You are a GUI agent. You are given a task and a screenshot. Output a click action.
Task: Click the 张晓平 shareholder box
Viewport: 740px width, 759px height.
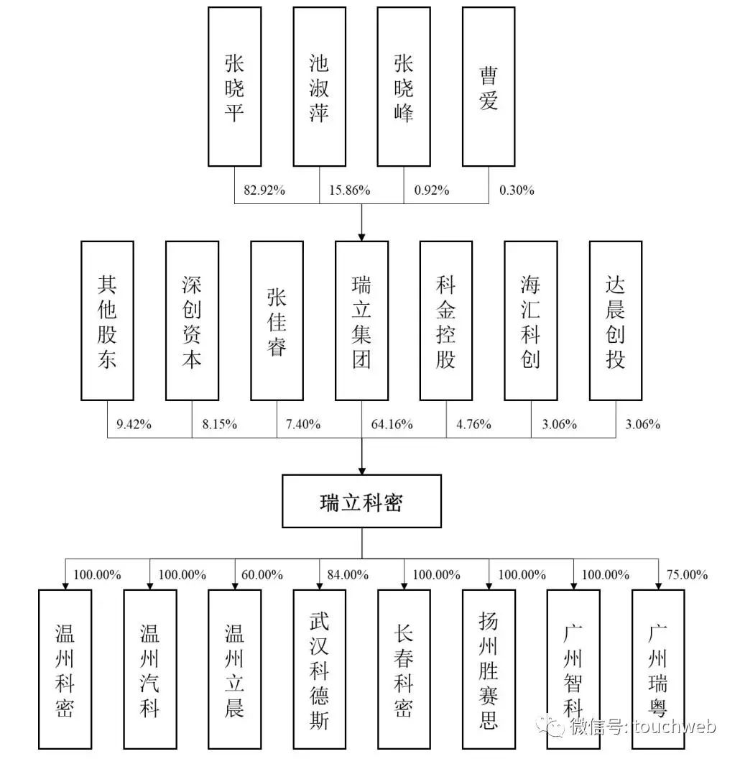point(234,86)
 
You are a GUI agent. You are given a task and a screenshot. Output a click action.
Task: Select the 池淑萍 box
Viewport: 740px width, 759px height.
point(319,86)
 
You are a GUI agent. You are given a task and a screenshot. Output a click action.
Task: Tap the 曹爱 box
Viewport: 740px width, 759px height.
point(489,86)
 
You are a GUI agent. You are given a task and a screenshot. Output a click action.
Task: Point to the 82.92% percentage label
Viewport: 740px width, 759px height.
point(264,190)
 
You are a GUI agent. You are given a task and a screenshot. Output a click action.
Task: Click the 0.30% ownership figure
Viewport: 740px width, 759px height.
point(517,190)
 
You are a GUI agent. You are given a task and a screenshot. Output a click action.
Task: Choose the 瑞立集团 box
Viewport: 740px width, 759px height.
point(361,320)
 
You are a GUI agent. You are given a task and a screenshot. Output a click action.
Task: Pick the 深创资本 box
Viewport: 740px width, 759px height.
point(192,320)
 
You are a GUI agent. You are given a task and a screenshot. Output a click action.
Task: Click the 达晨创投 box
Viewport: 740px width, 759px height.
point(616,320)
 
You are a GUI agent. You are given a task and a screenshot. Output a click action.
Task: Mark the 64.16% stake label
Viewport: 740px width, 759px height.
point(392,424)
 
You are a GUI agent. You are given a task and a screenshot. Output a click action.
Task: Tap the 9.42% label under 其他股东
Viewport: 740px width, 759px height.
point(134,424)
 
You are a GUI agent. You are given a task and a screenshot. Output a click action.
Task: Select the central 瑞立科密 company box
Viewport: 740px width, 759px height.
point(361,502)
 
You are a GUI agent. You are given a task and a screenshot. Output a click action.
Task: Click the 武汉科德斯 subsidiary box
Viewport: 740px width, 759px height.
point(319,668)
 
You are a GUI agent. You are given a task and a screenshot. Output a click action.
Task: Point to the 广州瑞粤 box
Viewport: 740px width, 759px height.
point(658,668)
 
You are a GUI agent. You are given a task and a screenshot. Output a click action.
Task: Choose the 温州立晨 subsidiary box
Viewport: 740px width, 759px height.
point(234,668)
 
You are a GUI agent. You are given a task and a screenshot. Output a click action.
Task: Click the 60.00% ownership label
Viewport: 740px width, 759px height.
point(262,575)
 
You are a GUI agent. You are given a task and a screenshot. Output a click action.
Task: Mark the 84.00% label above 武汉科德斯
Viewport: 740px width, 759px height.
point(347,575)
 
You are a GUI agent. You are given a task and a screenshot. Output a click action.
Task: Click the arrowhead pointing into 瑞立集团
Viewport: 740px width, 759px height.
point(361,234)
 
